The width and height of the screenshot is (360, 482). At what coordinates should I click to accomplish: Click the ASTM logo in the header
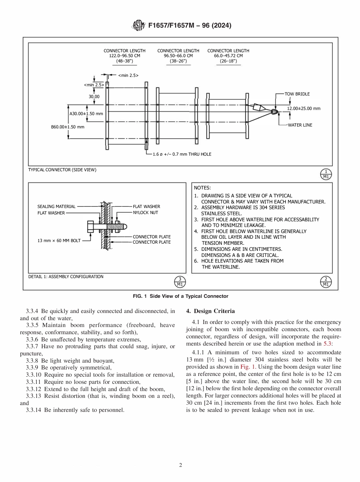click(x=139, y=26)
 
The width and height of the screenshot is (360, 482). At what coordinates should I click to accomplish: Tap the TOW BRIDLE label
click(x=297, y=94)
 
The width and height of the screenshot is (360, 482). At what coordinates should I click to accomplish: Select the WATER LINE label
click(x=300, y=125)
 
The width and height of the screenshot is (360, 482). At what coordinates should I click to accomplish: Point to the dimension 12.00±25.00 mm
click(x=303, y=108)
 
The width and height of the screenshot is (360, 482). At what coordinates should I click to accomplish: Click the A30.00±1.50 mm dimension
click(x=86, y=114)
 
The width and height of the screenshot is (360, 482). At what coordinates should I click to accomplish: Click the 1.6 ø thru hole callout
click(x=182, y=154)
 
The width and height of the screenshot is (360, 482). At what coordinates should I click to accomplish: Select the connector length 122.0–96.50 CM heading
click(x=122, y=55)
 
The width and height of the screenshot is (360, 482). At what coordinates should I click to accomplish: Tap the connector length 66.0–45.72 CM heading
click(x=228, y=55)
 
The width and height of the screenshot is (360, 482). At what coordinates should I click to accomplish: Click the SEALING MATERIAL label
click(x=56, y=207)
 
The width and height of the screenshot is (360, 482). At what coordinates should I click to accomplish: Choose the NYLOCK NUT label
click(x=146, y=213)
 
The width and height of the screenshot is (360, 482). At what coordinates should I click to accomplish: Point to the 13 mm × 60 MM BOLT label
click(x=59, y=241)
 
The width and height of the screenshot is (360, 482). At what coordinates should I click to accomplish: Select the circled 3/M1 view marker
click(x=180, y=282)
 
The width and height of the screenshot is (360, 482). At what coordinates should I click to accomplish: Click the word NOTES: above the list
click(x=202, y=188)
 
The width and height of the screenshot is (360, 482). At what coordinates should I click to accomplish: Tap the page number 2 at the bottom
click(x=180, y=465)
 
